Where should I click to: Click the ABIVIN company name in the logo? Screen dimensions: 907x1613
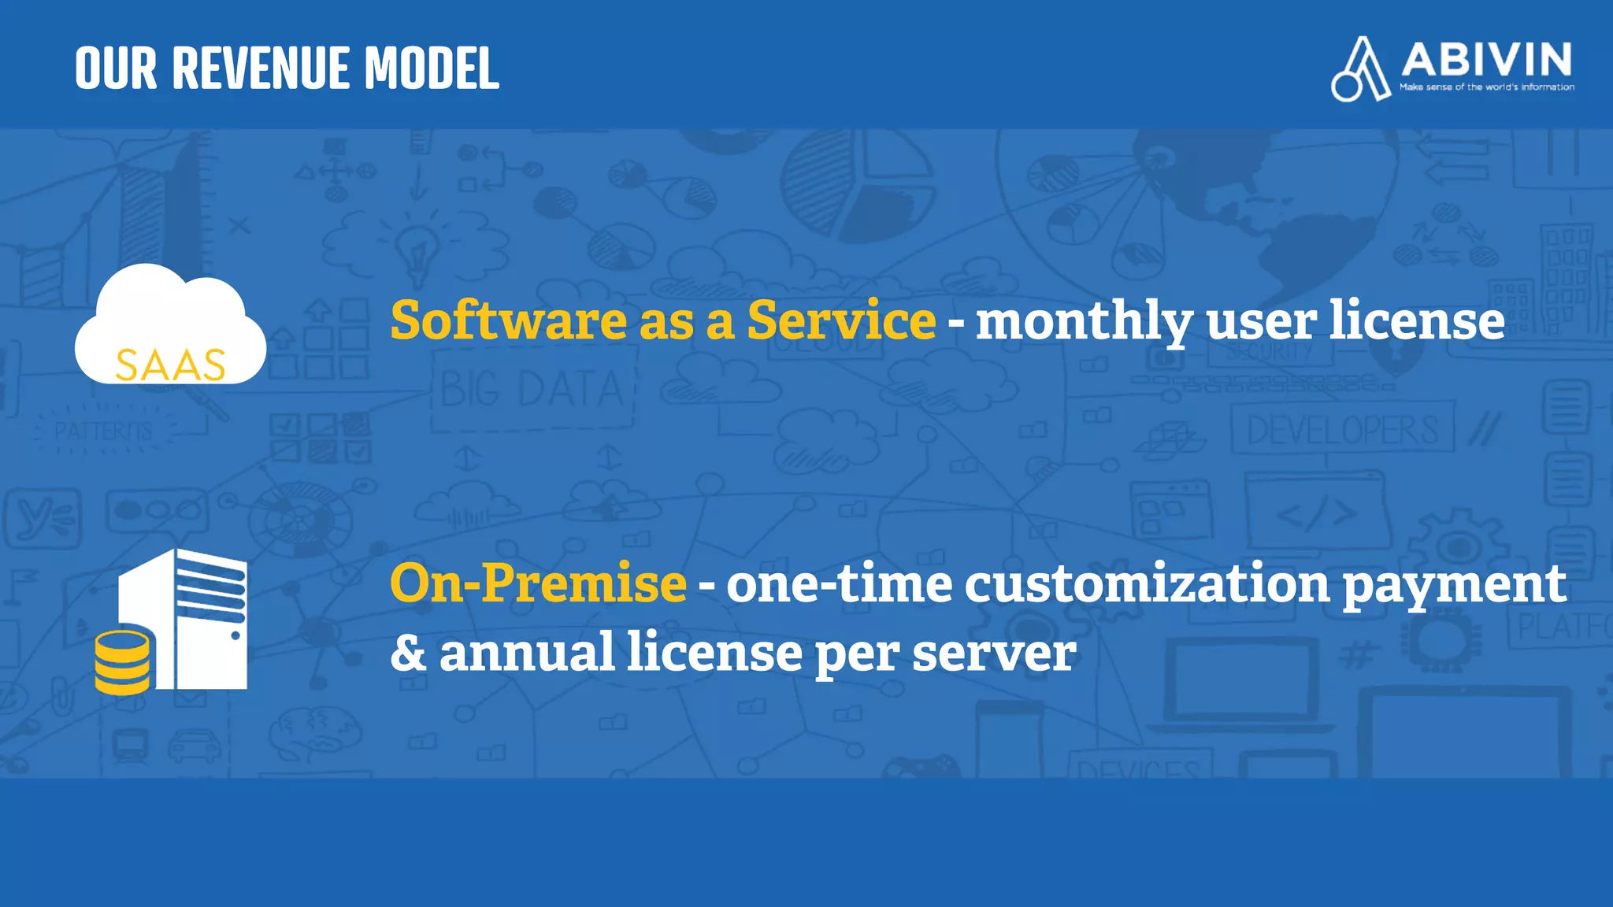(x=1486, y=59)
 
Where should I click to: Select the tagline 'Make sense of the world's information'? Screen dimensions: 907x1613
(x=1486, y=87)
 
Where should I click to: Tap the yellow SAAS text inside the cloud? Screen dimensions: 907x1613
(x=170, y=365)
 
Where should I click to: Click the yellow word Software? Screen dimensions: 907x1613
(x=509, y=320)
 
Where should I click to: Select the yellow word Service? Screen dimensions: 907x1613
(x=841, y=320)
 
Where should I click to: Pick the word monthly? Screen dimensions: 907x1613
(x=1084, y=322)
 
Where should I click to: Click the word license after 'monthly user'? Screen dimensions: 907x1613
(x=1417, y=320)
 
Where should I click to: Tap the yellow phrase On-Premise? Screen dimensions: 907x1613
(x=538, y=583)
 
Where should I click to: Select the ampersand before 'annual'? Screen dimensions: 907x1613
(x=408, y=653)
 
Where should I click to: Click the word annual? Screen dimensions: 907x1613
(x=526, y=652)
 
